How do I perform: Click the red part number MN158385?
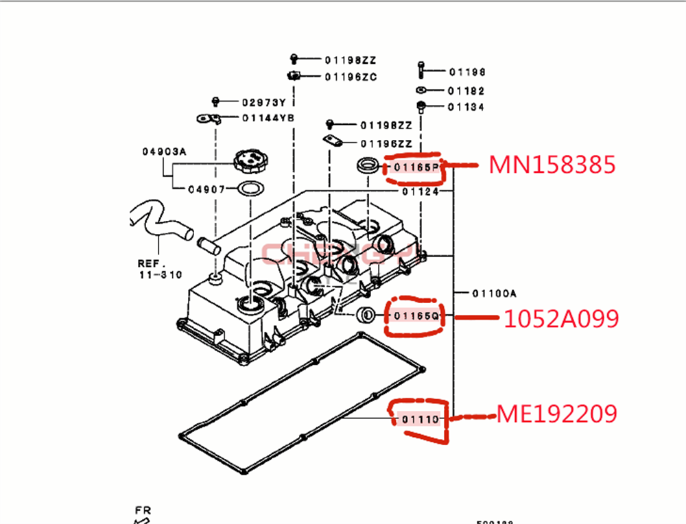[552, 165]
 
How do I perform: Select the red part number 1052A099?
[561, 318]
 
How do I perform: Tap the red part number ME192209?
[556, 414]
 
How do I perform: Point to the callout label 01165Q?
[416, 315]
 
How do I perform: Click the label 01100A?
[494, 293]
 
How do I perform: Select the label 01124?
[420, 191]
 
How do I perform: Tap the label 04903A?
[164, 151]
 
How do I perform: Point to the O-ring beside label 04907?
[251, 189]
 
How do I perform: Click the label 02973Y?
[263, 102]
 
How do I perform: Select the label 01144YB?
[268, 117]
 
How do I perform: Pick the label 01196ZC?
[351, 77]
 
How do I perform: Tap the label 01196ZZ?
[386, 143]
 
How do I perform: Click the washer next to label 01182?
[421, 91]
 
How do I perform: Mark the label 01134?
[466, 107]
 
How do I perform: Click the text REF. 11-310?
[159, 269]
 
